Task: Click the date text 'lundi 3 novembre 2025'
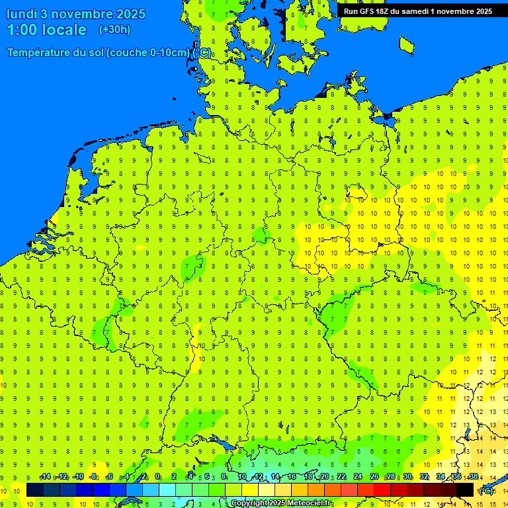[x=75, y=14]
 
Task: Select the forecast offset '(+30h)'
[x=114, y=30]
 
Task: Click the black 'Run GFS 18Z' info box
[x=418, y=11]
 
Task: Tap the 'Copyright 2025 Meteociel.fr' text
[x=281, y=503]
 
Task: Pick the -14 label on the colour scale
[x=45, y=477]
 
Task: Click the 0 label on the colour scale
[x=157, y=477]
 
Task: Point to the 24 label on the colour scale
[x=358, y=477]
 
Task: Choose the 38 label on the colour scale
[x=473, y=477]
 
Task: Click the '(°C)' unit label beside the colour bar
[x=486, y=490]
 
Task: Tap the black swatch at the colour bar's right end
[x=465, y=490]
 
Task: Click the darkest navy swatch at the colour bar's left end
[x=35, y=490]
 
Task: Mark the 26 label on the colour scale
[x=374, y=477]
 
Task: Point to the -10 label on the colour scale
[x=78, y=477]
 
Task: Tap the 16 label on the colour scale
[x=291, y=477]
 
